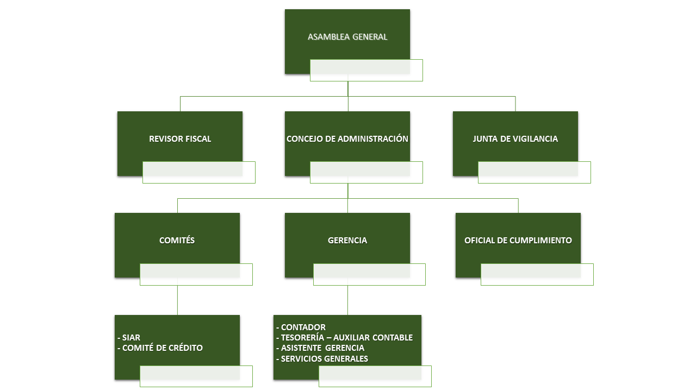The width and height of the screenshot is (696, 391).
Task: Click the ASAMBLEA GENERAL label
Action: pos(347,37)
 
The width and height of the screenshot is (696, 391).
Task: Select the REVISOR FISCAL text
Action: pos(180,139)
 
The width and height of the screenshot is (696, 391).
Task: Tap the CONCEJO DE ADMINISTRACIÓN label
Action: pos(347,139)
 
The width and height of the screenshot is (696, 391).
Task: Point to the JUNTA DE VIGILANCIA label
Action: pos(515,139)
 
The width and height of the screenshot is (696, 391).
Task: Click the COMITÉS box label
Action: pos(177,240)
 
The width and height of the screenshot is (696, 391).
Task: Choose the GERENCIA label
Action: pos(347,240)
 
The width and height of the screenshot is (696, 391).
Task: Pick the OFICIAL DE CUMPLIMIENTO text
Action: pos(518,240)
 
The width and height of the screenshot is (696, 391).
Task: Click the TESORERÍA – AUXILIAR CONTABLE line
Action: pos(344,338)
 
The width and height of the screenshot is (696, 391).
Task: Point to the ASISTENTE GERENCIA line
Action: pos(320,348)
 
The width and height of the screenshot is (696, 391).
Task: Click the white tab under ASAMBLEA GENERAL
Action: pos(366,70)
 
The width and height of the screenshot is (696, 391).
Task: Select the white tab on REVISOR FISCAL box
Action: pos(198,172)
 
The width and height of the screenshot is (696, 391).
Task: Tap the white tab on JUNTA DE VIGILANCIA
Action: pos(534,172)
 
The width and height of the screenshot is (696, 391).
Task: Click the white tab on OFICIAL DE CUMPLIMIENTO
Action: pos(537,274)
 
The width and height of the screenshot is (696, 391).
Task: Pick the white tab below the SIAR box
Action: pos(196,376)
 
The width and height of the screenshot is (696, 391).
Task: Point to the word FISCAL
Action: pos(197,139)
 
